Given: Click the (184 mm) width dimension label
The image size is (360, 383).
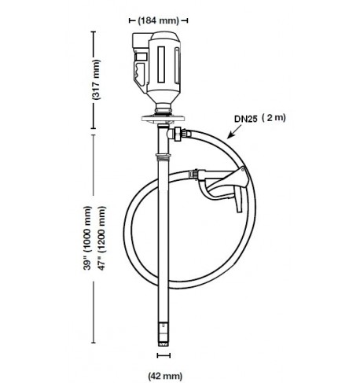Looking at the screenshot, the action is pos(159,20).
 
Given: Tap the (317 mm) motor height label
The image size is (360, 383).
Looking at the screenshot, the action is pos(96,79).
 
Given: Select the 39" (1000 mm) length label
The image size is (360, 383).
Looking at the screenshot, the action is pos(87,238).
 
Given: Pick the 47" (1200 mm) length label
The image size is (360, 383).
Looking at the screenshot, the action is pos(101,238).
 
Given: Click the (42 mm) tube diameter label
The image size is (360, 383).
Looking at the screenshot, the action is pos(165,376).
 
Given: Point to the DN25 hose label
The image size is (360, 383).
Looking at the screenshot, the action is pos(245,119).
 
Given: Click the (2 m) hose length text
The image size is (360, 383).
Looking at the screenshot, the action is pos(274,118).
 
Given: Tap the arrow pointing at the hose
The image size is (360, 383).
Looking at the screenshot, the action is pos(234,131).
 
